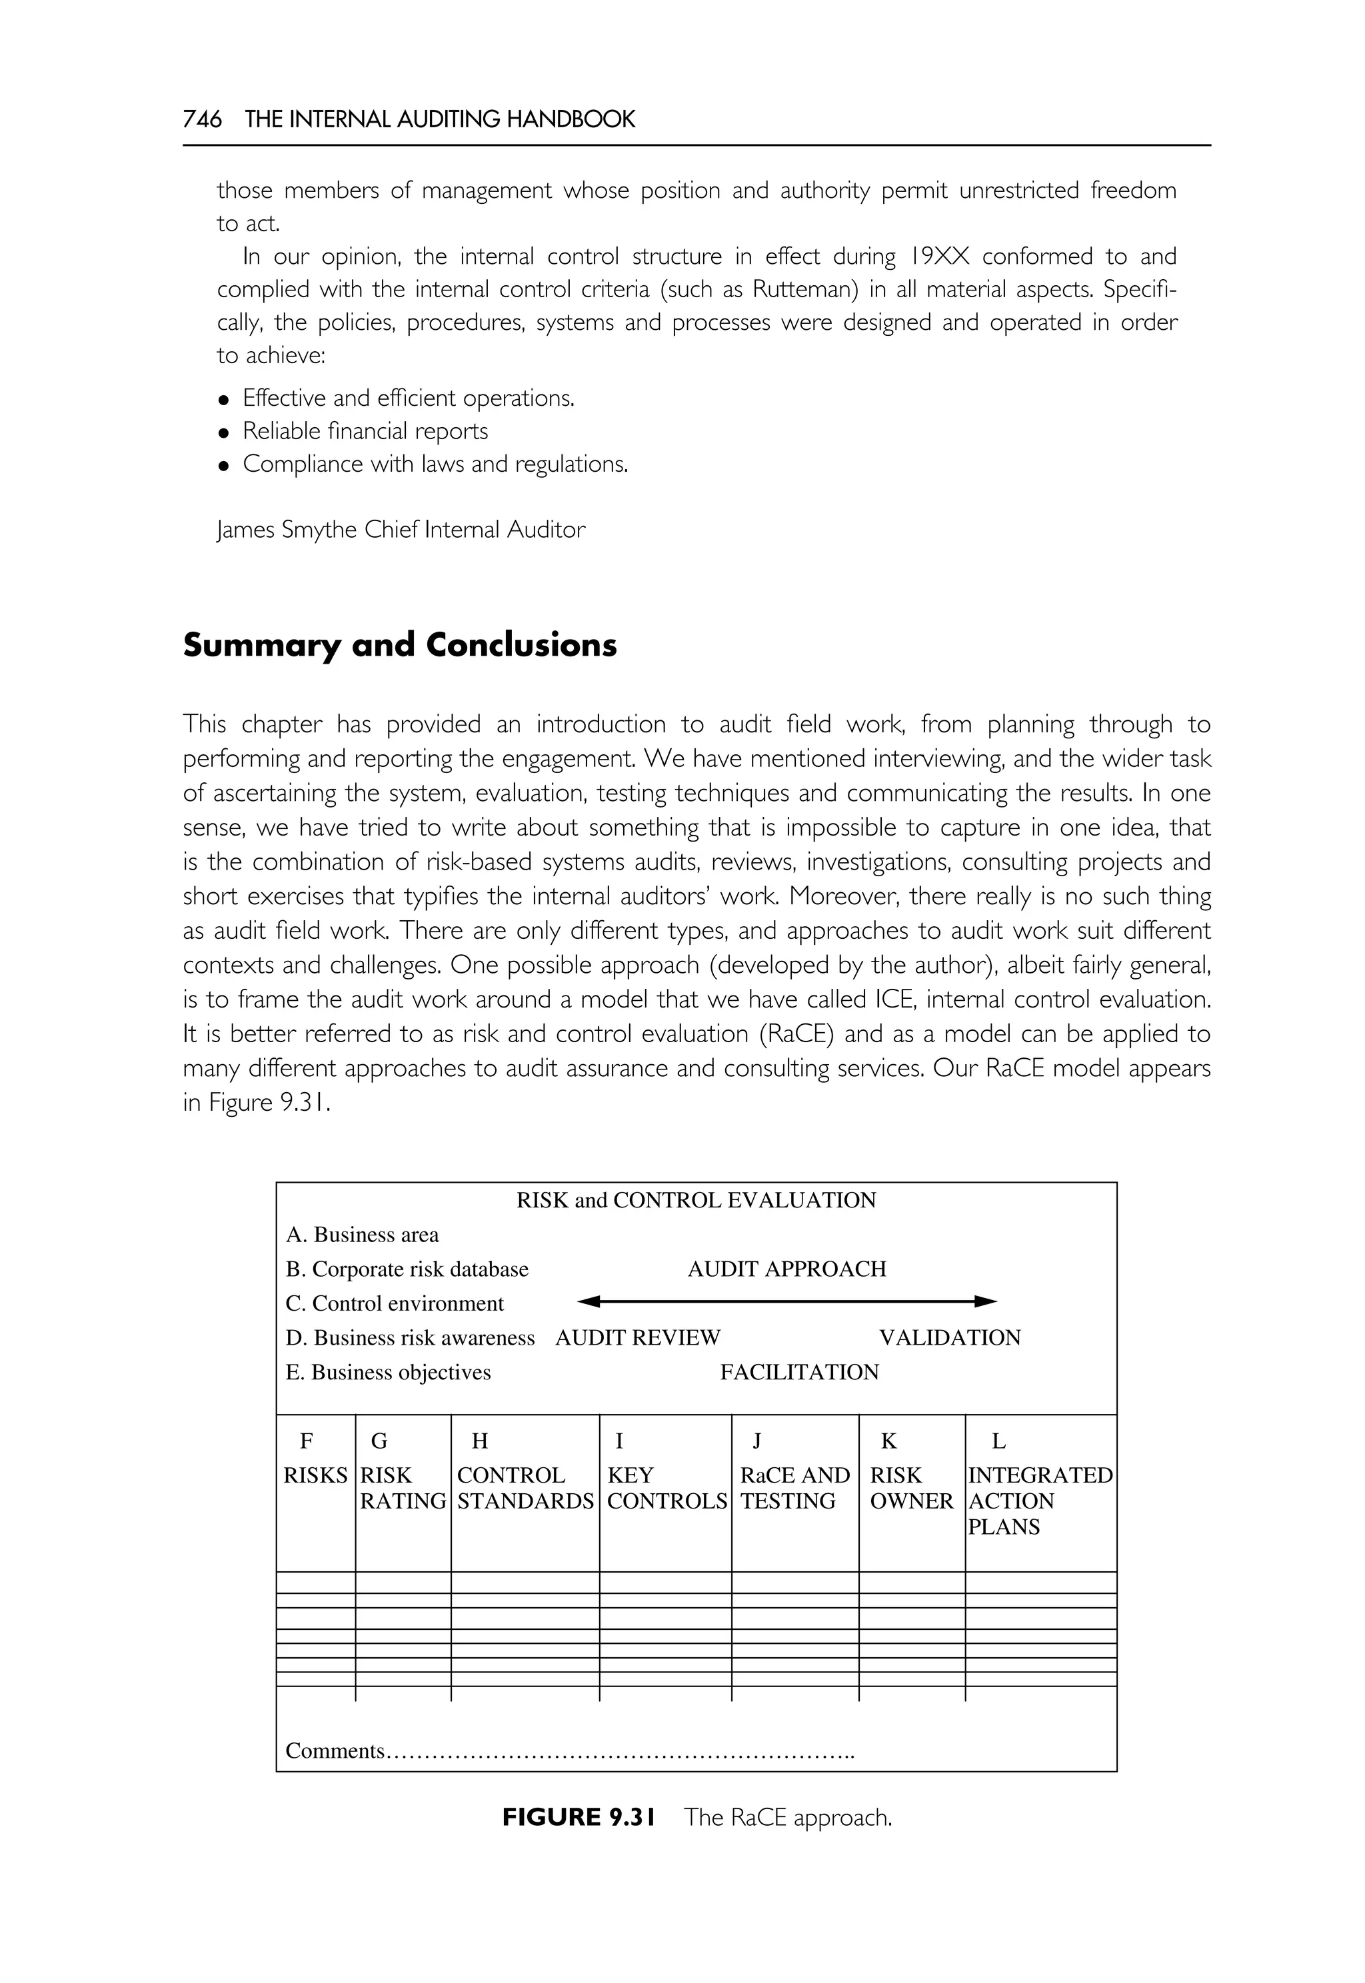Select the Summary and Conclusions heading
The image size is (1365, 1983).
(399, 645)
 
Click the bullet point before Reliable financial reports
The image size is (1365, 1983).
(224, 432)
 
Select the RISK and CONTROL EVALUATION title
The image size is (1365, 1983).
(696, 1201)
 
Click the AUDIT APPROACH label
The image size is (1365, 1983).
(787, 1269)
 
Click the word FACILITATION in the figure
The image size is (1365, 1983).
(799, 1373)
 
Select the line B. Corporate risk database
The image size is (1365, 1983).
(407, 1269)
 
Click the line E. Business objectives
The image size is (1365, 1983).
(389, 1373)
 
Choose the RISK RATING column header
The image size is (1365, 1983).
(403, 1488)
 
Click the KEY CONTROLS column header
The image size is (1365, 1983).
(667, 1488)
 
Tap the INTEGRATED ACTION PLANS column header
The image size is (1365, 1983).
(1039, 1501)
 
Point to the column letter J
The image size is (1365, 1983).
(756, 1442)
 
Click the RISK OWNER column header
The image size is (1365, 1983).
(911, 1488)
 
